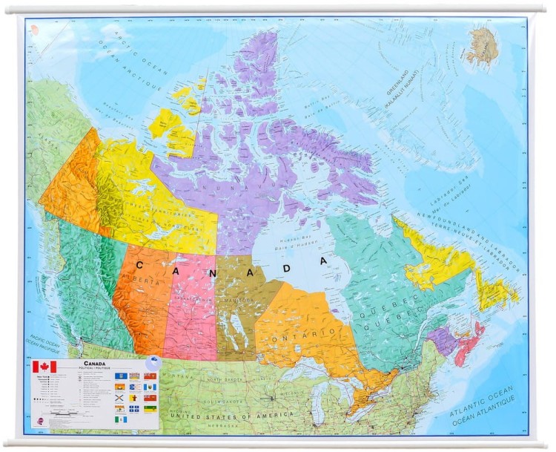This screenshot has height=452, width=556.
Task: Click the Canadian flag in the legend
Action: point(44,367)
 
